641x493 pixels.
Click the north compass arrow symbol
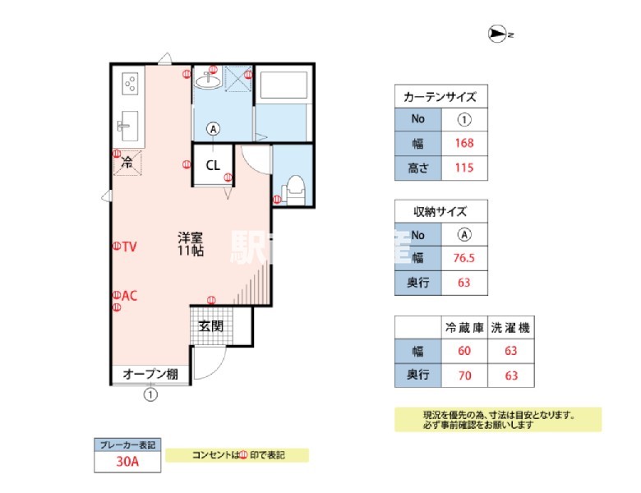(497, 34)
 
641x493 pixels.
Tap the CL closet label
(213, 165)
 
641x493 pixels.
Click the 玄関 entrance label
(211, 326)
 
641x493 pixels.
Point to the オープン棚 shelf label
(150, 375)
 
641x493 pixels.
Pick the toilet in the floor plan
(295, 189)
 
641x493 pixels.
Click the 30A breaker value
(127, 462)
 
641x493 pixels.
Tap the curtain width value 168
(463, 143)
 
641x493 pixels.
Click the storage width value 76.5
(463, 258)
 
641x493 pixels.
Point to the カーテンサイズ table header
(440, 96)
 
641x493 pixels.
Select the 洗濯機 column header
(510, 327)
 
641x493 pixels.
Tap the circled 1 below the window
(150, 394)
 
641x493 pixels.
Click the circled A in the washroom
(214, 128)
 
